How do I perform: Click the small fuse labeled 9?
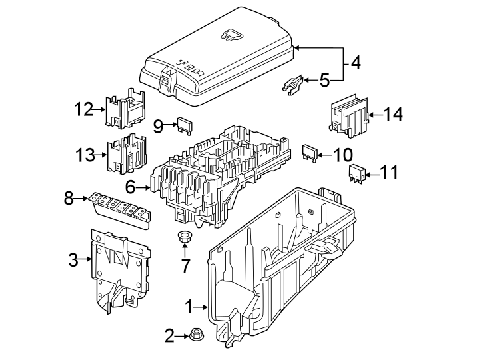pyautogui.click(x=183, y=125)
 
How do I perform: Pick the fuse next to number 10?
pyautogui.click(x=310, y=153)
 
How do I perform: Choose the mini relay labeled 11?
pyautogui.click(x=357, y=173)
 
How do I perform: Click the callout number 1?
pyautogui.click(x=189, y=307)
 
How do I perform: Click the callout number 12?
pyautogui.click(x=84, y=109)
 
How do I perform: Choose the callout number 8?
pyautogui.click(x=69, y=198)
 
